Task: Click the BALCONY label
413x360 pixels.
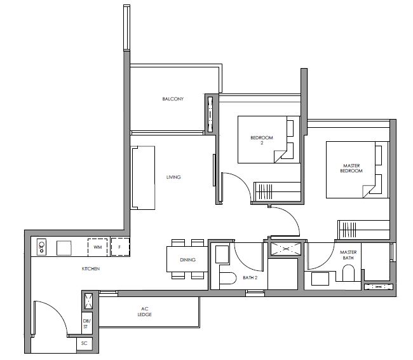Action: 173,99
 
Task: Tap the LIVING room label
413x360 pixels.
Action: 173,177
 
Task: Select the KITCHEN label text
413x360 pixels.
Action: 91,269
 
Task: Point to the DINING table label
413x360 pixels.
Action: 187,260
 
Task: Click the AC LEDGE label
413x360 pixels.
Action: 145,312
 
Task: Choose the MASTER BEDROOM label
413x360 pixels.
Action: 351,169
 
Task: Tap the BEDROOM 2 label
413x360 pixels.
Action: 262,140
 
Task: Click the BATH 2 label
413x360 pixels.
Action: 250,277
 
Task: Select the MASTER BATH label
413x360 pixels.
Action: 348,255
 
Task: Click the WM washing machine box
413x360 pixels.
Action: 97,247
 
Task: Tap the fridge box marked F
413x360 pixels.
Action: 120,247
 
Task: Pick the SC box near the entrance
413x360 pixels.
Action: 85,343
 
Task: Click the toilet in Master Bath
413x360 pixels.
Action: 348,273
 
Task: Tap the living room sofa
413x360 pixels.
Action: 143,177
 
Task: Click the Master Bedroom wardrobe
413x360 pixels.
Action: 363,230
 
